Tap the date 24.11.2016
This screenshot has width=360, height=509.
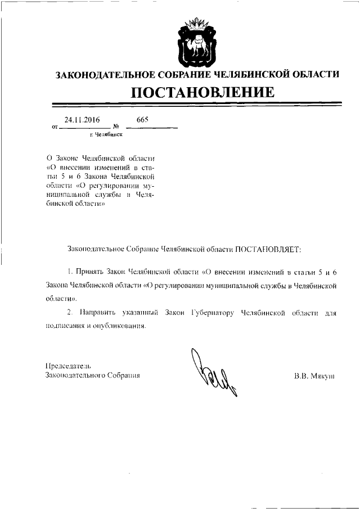[82, 120]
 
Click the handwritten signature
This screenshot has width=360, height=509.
[214, 371]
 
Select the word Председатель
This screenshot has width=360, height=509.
[68, 366]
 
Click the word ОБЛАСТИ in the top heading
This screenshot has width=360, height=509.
[314, 74]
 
